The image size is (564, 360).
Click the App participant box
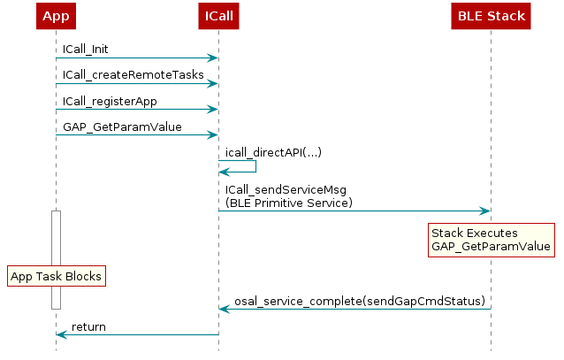[x=56, y=16]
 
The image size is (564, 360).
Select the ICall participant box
[x=218, y=16]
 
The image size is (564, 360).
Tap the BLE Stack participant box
[x=491, y=16]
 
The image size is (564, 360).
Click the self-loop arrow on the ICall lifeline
[x=255, y=165]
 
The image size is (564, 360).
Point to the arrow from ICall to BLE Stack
[x=354, y=211]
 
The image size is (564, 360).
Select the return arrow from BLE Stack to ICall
[x=354, y=309]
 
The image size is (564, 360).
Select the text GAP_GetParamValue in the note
[x=491, y=246]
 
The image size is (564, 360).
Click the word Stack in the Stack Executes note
[x=447, y=233]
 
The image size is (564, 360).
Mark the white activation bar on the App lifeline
[x=56, y=239]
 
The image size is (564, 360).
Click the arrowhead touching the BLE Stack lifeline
[x=484, y=211]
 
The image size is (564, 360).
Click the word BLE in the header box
[x=469, y=16]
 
